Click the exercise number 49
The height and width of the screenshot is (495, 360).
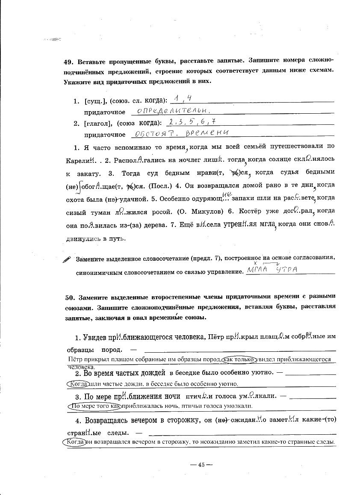coord(68,61)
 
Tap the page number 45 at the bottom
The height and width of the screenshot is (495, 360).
coord(199,466)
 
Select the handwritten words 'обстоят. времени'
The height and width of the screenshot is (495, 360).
coord(180,133)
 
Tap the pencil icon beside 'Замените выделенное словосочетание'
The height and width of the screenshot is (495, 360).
coord(67,259)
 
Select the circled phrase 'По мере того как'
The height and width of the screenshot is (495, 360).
coord(95,406)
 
